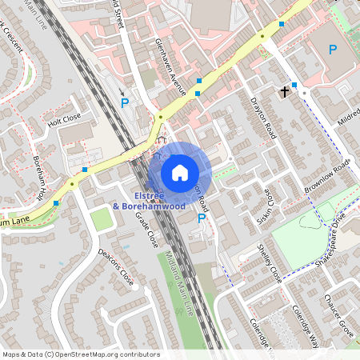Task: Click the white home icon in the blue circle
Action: pos(180,172)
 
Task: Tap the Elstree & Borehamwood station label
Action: pos(149,201)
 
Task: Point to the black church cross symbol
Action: pos(284,92)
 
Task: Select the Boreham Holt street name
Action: pos(39,177)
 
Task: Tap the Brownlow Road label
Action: pos(327,177)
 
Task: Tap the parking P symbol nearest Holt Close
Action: pos(124,103)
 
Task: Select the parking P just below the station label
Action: pos(202,218)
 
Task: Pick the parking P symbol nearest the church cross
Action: pos(332,50)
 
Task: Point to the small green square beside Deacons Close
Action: pos(100,218)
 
